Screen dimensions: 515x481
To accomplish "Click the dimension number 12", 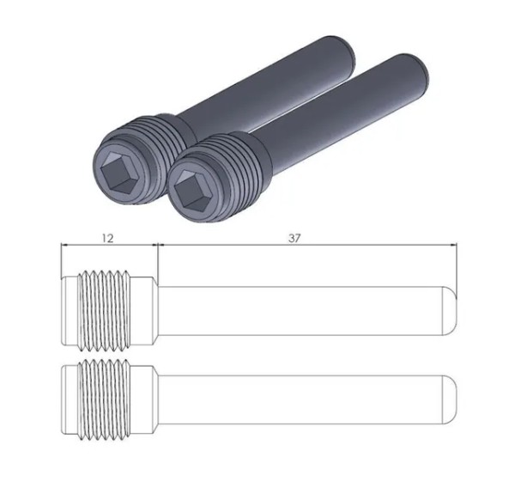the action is (108, 238).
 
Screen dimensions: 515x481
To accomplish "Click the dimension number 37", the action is (294, 238).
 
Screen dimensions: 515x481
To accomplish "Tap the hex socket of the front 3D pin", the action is (188, 191).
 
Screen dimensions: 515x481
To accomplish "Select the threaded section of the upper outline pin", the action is (104, 311).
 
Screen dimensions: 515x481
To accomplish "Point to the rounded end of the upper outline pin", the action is (449, 311).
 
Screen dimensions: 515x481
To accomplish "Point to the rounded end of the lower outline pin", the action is (449, 399).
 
